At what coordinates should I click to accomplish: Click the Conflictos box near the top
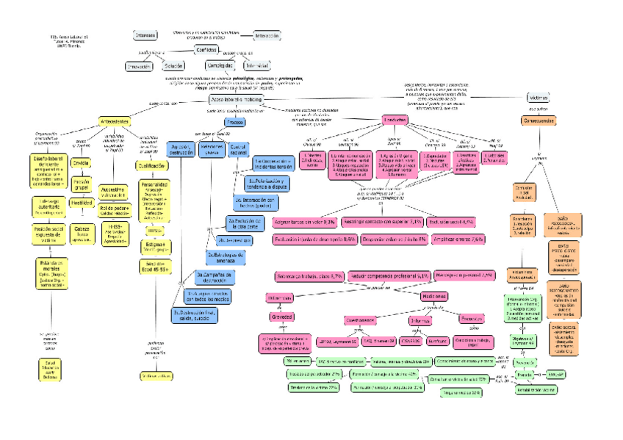[206, 49]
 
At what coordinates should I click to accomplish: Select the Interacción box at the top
[267, 35]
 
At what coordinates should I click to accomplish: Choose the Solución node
[173, 66]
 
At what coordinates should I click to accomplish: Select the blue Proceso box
[234, 122]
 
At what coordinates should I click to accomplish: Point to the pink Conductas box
[392, 120]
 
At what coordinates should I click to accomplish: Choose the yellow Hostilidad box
[81, 202]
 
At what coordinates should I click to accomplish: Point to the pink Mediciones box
[433, 295]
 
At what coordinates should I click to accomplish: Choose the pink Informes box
[421, 320]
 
